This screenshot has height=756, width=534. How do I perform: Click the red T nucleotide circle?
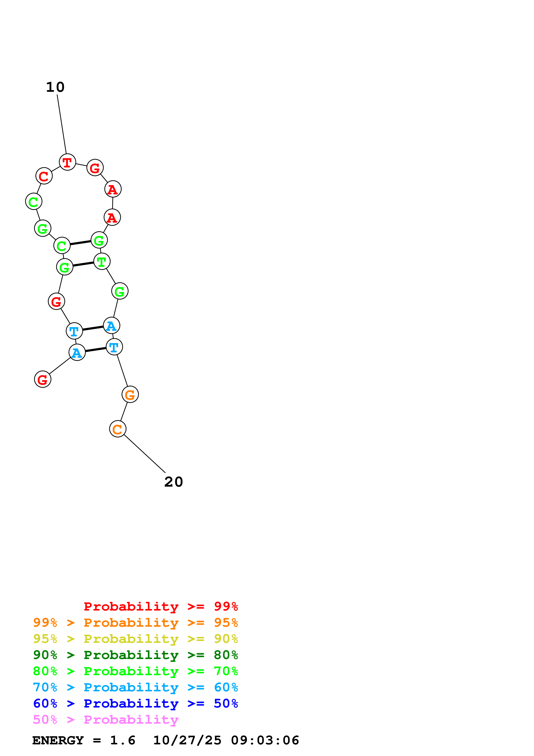(67, 162)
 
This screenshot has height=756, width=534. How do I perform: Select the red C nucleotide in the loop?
(44, 176)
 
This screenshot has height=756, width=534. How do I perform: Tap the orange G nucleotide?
(130, 394)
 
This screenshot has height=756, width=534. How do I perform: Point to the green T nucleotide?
(102, 261)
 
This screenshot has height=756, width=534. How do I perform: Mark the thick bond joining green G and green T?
(83, 264)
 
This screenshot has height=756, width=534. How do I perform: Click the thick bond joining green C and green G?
(81, 243)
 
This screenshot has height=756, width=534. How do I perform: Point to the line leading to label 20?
(145, 454)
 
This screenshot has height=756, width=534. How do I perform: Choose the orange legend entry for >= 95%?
(135, 622)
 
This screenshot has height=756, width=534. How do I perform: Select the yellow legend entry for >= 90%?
(135, 639)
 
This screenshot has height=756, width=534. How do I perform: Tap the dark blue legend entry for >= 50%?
(135, 703)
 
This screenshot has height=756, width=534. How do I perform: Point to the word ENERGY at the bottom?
(58, 740)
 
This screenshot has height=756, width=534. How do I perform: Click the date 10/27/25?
(187, 740)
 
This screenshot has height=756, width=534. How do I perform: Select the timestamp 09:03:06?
(265, 740)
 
